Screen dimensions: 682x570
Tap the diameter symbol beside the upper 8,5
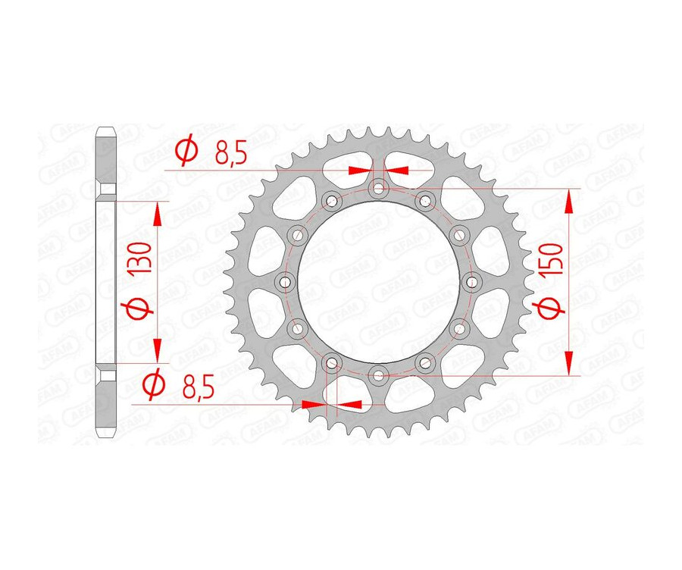pyautogui.click(x=186, y=152)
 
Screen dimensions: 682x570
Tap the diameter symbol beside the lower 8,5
pyautogui.click(x=153, y=385)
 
